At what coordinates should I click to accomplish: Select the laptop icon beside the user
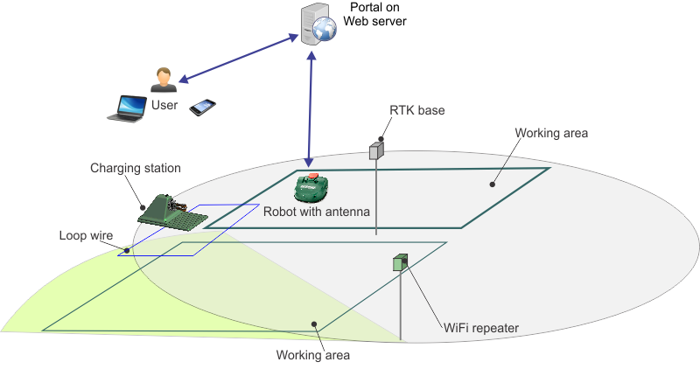click(x=127, y=108)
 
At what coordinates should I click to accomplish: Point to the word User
click(x=164, y=105)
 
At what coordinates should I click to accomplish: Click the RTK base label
click(x=416, y=111)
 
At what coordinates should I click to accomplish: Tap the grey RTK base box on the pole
click(x=376, y=150)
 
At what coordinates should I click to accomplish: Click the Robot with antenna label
click(x=317, y=212)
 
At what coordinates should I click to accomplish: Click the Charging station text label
click(x=136, y=167)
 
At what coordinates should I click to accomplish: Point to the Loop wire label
click(x=85, y=235)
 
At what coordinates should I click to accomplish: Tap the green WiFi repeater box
click(x=401, y=261)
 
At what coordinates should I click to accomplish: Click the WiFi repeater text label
click(x=482, y=328)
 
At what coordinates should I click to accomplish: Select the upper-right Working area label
click(x=550, y=134)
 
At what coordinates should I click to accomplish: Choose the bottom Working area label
click(x=312, y=355)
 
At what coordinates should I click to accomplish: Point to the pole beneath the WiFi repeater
click(x=401, y=306)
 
